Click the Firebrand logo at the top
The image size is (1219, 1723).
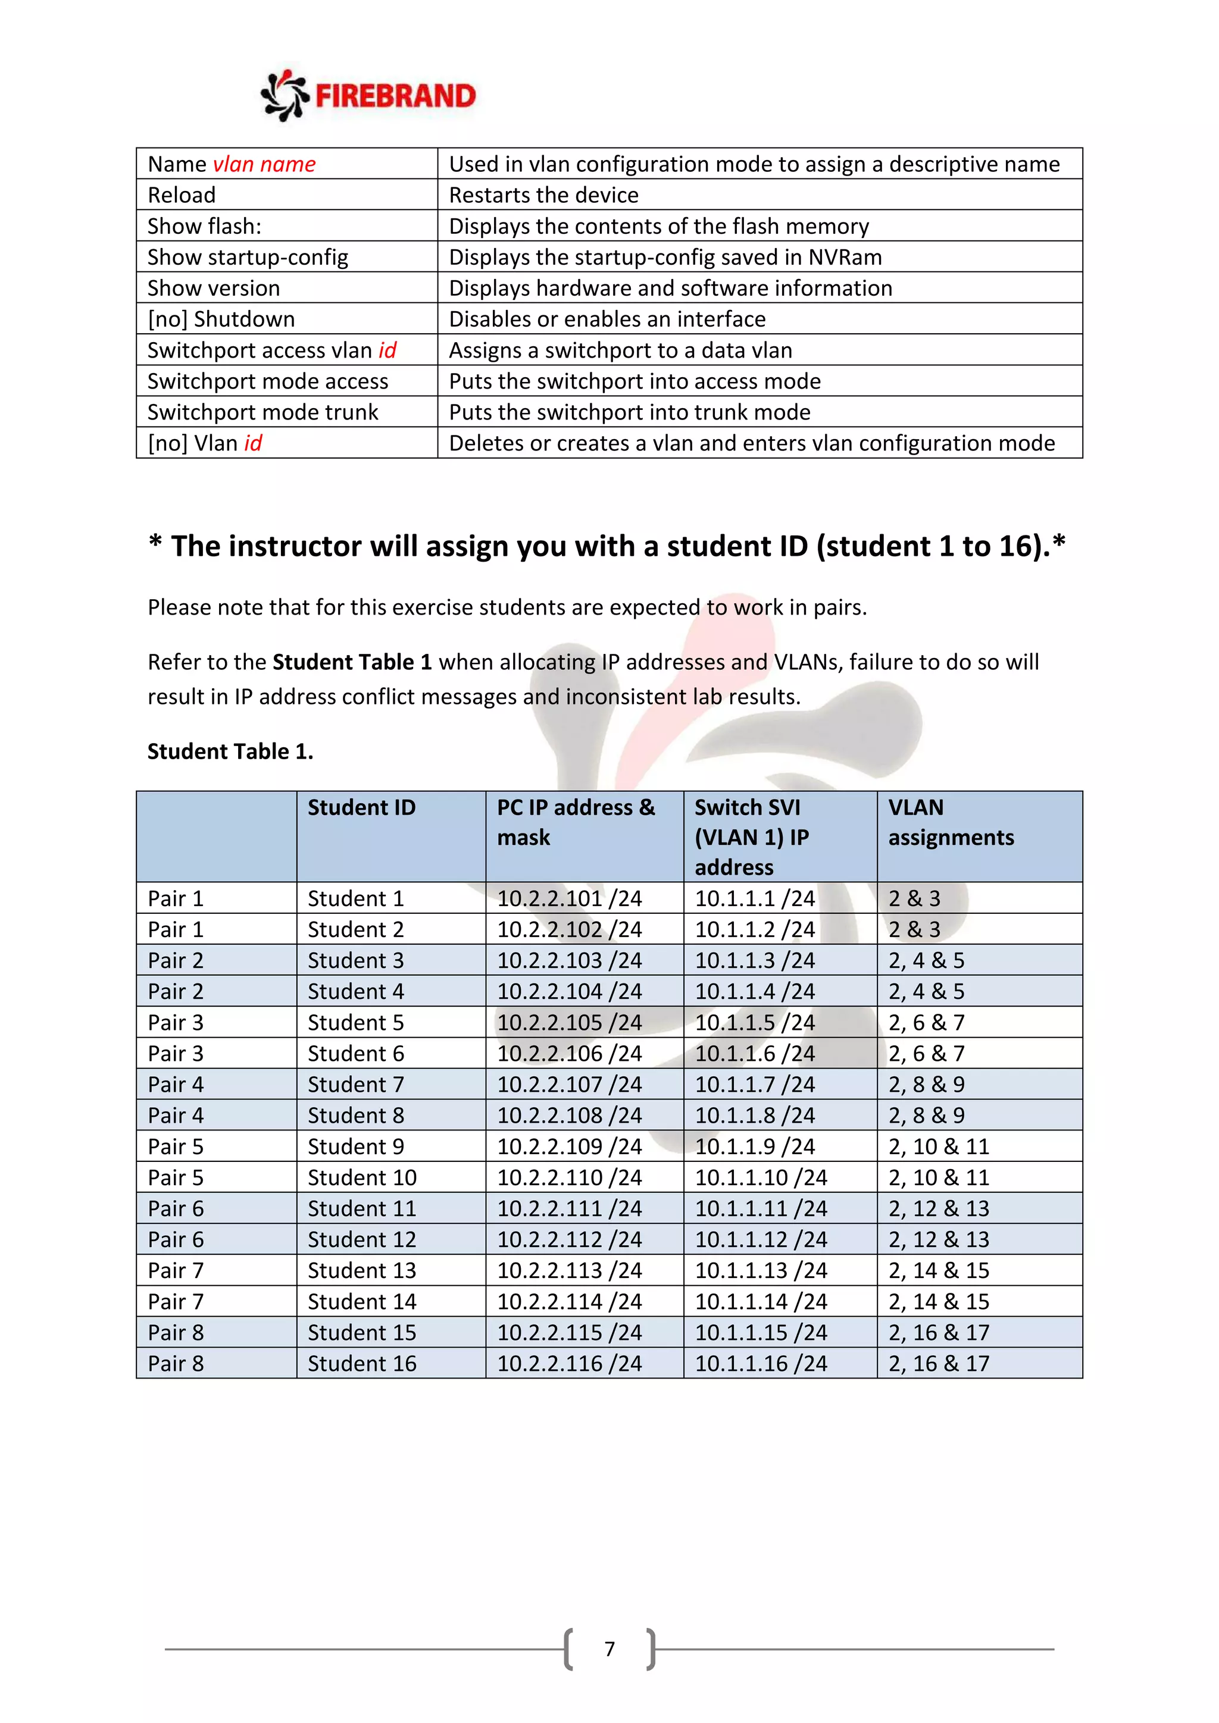tap(368, 95)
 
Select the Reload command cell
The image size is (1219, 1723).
tap(182, 195)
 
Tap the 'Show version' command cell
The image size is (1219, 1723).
tap(214, 288)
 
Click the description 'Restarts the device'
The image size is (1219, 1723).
tap(543, 195)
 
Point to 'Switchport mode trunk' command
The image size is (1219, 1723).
tap(262, 412)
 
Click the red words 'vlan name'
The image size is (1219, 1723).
tap(264, 164)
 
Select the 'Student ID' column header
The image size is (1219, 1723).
tap(361, 807)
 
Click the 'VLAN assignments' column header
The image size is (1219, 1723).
tap(951, 822)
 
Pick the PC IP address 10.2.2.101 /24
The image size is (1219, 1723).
tap(569, 898)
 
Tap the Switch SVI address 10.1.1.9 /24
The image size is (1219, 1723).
tap(754, 1146)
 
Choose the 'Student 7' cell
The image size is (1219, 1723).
tap(356, 1085)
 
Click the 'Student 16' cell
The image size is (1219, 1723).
tap(362, 1364)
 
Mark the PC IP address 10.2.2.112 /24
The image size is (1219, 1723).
tap(569, 1240)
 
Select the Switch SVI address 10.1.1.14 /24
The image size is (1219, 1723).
tap(760, 1301)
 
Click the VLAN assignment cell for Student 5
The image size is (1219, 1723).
tap(926, 1023)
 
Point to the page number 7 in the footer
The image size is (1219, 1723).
tap(609, 1649)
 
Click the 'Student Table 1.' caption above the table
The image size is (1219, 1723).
tap(230, 751)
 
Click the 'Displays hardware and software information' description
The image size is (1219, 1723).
tap(670, 288)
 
